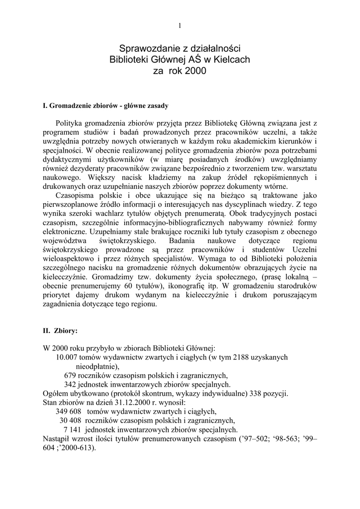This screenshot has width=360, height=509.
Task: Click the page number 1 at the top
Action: tap(180, 26)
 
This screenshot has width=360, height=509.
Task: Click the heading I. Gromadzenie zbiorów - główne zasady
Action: tap(106, 106)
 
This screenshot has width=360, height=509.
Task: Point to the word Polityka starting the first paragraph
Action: tap(70, 123)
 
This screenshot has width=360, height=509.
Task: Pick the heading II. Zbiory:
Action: tap(61, 330)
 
